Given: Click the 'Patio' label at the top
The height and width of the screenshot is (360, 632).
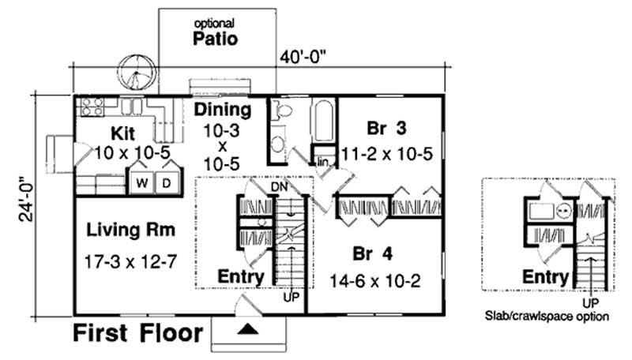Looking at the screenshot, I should [216, 37].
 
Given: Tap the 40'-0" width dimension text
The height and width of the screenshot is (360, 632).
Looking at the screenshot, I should [303, 57].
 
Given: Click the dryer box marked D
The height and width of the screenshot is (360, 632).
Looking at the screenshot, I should [167, 182].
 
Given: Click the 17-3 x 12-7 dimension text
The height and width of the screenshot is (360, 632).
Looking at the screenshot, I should [130, 260].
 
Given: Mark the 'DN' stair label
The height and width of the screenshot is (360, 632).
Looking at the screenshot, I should [279, 186].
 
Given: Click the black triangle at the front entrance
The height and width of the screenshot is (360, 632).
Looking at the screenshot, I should [248, 329].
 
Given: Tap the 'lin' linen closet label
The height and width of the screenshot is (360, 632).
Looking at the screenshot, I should [322, 162].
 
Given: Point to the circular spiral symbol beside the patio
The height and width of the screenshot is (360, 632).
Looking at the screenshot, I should [137, 75].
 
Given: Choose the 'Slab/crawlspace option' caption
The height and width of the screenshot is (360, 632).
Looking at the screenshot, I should [547, 317].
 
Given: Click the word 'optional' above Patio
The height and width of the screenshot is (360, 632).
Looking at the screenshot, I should [216, 23].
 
